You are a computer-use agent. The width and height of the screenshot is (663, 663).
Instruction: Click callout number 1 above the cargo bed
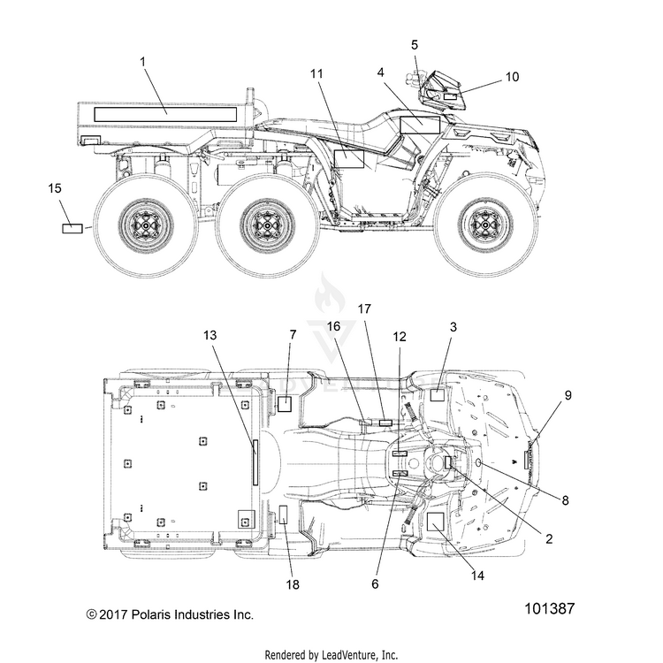pyautogui.click(x=143, y=62)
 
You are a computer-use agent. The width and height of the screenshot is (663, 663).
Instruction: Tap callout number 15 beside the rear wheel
pyautogui.click(x=55, y=188)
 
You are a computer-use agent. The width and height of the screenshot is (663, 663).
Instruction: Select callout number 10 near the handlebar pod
pyautogui.click(x=512, y=77)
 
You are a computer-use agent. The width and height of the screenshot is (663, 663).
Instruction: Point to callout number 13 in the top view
pyautogui.click(x=210, y=335)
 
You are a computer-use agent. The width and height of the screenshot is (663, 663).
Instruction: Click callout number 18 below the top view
pyautogui.click(x=293, y=585)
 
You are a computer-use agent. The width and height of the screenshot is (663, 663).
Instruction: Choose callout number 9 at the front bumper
pyautogui.click(x=568, y=395)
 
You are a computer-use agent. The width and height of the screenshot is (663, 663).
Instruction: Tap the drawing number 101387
pyautogui.click(x=550, y=609)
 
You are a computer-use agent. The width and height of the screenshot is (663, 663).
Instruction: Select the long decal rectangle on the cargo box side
pyautogui.click(x=165, y=115)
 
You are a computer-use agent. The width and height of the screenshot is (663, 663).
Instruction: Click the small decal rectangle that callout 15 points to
pyautogui.click(x=72, y=228)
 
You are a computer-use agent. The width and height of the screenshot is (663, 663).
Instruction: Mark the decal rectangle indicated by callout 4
pyautogui.click(x=420, y=126)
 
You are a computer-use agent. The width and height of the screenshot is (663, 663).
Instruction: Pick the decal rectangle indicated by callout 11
pyautogui.click(x=349, y=159)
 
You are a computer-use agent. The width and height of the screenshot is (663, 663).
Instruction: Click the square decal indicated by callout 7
pyautogui.click(x=285, y=404)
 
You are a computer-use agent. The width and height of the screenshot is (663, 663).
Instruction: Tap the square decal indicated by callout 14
pyautogui.click(x=435, y=522)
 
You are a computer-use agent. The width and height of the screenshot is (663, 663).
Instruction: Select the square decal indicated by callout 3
pyautogui.click(x=438, y=394)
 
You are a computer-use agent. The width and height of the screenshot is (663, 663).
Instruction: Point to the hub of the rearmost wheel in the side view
pyautogui.click(x=146, y=225)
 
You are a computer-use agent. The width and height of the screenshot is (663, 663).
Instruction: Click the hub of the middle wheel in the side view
pyautogui.click(x=268, y=225)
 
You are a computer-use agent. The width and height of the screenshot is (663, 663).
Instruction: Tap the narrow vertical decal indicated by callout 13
pyautogui.click(x=255, y=462)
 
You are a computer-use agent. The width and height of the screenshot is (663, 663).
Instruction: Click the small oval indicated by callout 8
pyautogui.click(x=479, y=463)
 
